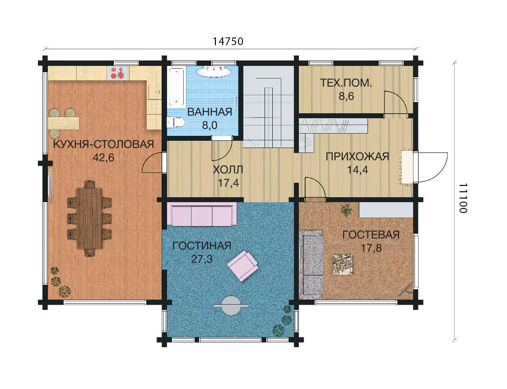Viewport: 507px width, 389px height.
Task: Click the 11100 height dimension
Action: (463, 198)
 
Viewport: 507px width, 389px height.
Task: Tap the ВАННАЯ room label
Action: (209, 112)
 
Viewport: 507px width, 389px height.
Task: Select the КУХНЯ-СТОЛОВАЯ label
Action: (103, 144)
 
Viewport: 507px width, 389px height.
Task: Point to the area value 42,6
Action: (103, 157)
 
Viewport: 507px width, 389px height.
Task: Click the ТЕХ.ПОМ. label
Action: (346, 83)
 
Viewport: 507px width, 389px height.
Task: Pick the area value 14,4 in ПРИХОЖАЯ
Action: (357, 170)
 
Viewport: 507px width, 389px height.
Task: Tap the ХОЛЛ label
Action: (228, 169)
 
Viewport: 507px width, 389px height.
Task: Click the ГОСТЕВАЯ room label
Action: (371, 235)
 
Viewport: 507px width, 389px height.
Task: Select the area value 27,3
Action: (202, 259)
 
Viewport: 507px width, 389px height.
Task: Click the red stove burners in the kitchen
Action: (117, 73)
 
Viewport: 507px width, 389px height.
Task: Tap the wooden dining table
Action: (89, 218)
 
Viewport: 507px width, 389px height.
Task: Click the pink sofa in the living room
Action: (202, 215)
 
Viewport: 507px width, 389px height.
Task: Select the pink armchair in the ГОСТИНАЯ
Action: (242, 266)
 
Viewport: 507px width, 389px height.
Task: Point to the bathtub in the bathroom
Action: (177, 87)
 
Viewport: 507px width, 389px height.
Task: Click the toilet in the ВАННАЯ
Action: (176, 123)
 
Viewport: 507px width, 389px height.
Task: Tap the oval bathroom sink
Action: (214, 72)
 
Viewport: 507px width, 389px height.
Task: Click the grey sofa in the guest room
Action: (311, 263)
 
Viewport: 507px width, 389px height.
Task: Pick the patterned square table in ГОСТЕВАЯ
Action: (342, 265)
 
